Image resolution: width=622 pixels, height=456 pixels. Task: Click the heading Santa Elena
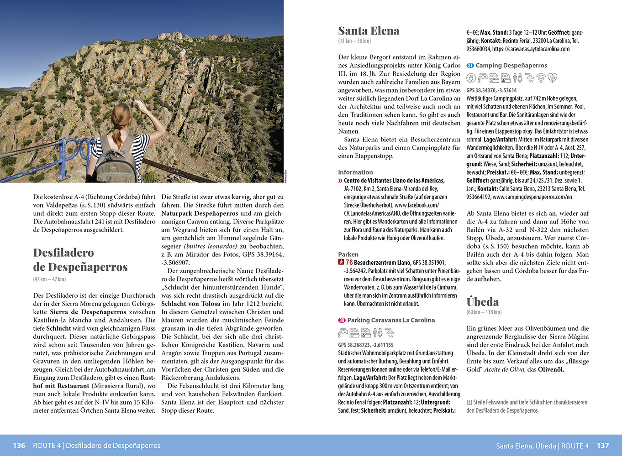pos(369,31)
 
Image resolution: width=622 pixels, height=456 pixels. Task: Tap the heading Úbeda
pos(482,302)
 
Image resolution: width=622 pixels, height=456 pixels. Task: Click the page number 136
pos(19,446)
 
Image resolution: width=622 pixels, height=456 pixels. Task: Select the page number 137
pos(603,446)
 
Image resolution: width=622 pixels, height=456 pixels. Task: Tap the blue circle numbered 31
pos(470,66)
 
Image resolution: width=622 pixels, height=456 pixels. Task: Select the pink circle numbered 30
pos(342,320)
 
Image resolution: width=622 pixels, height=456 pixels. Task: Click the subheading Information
pos(355,172)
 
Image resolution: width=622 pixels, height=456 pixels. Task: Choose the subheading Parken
pos(348,254)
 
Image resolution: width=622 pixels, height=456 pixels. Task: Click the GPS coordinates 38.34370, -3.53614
pos(491,90)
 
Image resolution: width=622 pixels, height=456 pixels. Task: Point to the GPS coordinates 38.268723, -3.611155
pos(365,345)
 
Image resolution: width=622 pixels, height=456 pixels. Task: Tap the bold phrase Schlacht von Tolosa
pos(190,304)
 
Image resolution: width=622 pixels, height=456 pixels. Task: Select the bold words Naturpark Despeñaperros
pos(200,213)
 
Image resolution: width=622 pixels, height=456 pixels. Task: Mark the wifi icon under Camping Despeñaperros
pos(541,78)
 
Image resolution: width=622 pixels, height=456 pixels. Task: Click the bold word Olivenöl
pos(551,369)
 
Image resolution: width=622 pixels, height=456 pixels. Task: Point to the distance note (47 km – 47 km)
pos(49,279)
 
